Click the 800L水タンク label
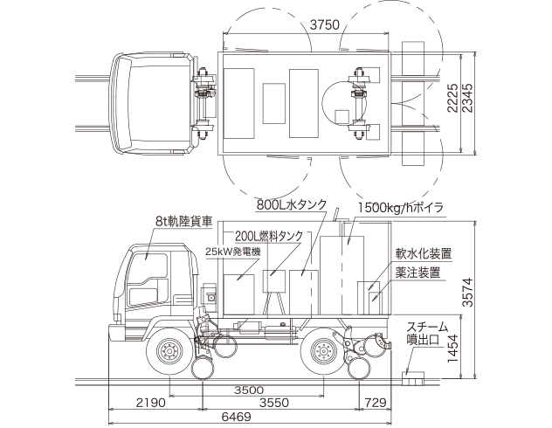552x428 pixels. click(x=291, y=206)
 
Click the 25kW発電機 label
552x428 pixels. click(x=232, y=251)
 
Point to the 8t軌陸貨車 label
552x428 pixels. click(x=183, y=221)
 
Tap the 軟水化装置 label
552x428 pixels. click(x=423, y=254)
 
